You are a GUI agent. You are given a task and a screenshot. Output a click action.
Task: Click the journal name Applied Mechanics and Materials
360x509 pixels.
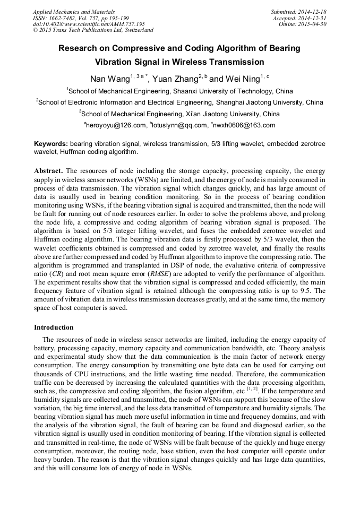coord(73,11)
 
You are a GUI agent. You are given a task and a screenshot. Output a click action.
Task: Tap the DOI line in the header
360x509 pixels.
coord(89,24)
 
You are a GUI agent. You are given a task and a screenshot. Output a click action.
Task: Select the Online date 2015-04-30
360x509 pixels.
coord(313,24)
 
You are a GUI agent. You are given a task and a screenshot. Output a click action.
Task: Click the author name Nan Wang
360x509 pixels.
coord(109,79)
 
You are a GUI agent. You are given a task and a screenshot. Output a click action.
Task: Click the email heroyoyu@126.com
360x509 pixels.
coord(116,125)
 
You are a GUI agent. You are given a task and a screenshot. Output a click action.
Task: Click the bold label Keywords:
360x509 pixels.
coord(51,144)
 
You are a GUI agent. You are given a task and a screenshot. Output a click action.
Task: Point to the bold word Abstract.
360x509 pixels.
coord(48,171)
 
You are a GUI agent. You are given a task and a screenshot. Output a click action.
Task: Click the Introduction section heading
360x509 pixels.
coord(54,327)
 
